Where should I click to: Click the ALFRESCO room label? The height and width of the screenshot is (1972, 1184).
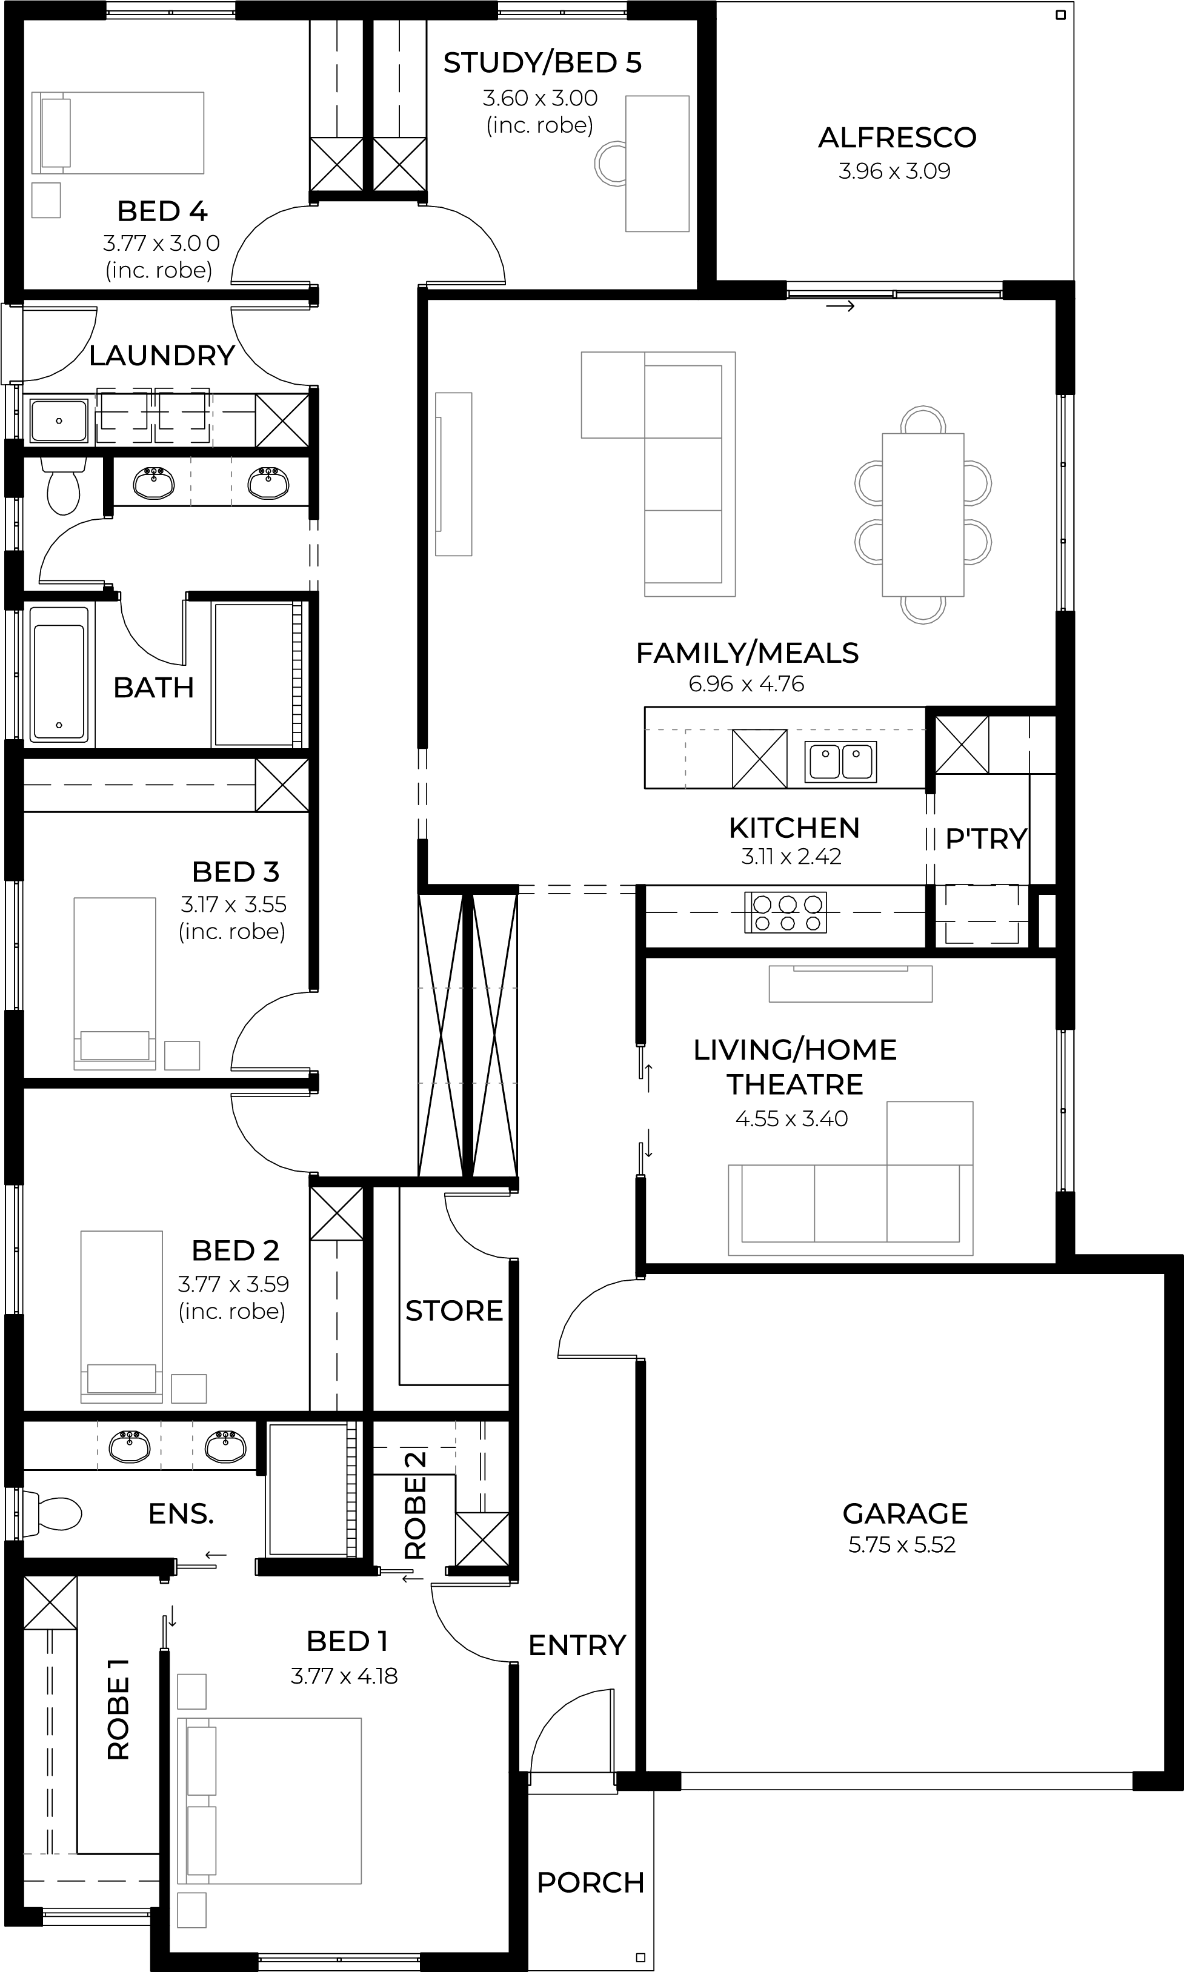pos(897,138)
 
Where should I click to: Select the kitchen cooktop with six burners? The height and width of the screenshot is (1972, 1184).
pos(785,912)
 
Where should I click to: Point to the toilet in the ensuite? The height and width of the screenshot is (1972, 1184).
pos(53,1513)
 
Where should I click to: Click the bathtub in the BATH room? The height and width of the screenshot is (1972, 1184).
pos(58,672)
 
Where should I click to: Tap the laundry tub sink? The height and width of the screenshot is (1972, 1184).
pos(58,420)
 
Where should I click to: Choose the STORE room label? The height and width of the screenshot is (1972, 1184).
pos(454,1310)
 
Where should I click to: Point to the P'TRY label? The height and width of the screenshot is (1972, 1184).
pos(986,838)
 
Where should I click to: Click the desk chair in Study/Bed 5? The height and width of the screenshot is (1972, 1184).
pos(610,164)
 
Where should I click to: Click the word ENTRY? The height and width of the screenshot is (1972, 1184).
pos(577,1645)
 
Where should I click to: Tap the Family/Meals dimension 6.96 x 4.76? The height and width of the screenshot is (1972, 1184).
pos(746,683)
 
